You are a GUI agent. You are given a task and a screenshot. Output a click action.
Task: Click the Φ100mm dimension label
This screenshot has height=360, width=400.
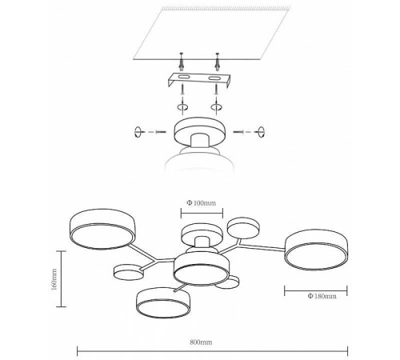tap(201, 203)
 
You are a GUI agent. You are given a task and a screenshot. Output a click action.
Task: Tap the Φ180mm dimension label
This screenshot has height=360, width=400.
tap(322, 296)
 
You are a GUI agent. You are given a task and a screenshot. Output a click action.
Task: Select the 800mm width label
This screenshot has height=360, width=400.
tap(201, 342)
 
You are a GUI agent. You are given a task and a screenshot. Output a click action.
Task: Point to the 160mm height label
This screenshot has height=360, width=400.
tap(54, 279)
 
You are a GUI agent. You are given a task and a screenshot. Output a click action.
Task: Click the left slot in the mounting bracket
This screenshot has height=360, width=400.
tap(184, 78)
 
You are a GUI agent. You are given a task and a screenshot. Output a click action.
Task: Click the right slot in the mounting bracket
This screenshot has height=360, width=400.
tap(215, 78)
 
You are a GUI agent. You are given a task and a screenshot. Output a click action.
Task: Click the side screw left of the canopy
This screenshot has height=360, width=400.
tap(161, 132)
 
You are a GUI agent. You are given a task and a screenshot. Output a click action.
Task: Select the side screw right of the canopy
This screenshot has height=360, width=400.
tap(238, 132)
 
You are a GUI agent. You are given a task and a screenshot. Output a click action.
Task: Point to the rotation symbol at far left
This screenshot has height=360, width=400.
tap(138, 132)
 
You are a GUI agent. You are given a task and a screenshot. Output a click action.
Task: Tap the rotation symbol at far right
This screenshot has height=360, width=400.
tap(261, 132)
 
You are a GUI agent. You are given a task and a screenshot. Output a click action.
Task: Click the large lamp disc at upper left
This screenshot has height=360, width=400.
tap(102, 229)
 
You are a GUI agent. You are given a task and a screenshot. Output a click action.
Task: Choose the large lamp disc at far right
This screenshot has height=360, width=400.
tap(317, 250)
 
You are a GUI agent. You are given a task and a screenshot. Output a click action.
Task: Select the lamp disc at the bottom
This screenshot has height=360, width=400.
tap(163, 302)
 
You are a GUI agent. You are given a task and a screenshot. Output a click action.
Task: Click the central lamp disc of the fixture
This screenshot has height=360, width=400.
tap(202, 269)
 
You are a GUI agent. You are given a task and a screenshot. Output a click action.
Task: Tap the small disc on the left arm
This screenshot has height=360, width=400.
tap(128, 272)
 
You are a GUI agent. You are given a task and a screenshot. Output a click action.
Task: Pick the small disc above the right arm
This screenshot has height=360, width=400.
tap(243, 228)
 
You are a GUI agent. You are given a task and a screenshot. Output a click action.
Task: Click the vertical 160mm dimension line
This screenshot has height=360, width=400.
tap(62, 279)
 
